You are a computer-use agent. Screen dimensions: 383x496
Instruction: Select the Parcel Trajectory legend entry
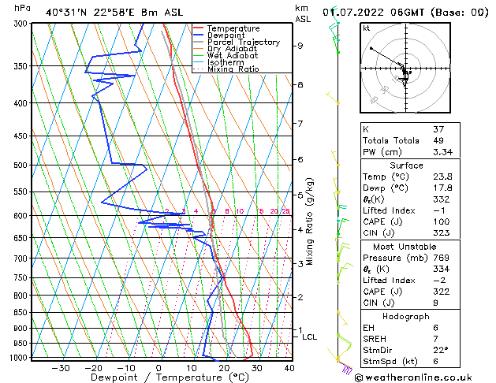(x=243, y=43)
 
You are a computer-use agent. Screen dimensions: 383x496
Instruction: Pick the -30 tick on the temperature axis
(x=60, y=368)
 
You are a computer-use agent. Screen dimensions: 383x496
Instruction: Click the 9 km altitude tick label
(x=300, y=46)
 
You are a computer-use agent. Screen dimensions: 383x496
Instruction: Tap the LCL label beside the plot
(x=310, y=337)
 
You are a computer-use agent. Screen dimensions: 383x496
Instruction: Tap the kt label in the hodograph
(x=366, y=28)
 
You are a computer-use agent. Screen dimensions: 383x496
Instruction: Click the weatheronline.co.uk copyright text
(x=423, y=377)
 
